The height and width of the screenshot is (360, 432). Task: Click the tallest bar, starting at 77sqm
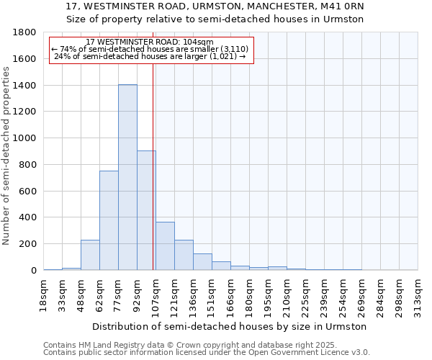(x=127, y=177)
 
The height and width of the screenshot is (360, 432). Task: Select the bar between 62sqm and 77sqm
(x=109, y=220)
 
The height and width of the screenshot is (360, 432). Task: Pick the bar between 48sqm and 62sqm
(x=90, y=255)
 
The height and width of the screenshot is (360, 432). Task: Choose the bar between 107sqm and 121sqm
(x=165, y=246)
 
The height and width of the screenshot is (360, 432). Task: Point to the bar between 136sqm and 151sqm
(x=202, y=262)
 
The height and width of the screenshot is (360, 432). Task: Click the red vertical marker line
(x=153, y=166)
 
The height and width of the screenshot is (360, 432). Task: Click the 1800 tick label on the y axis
(x=25, y=33)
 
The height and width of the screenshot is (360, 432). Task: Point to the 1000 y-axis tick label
(x=25, y=138)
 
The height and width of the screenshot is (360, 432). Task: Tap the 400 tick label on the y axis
(x=28, y=217)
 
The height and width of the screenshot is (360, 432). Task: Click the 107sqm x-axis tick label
(x=156, y=296)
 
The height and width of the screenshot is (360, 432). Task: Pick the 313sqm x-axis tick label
(x=418, y=296)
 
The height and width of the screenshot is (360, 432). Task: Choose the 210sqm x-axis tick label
(x=287, y=296)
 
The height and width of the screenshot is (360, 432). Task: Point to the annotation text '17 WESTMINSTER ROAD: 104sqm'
(x=149, y=42)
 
